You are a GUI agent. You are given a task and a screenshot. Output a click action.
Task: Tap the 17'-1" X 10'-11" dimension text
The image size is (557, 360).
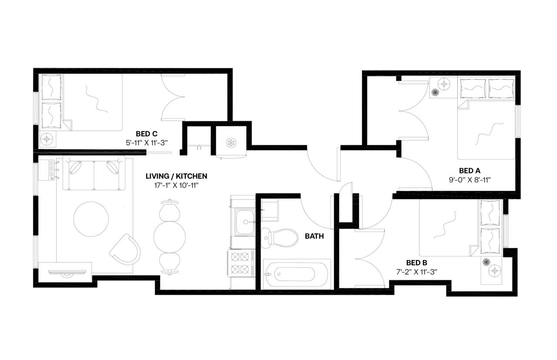[176, 185]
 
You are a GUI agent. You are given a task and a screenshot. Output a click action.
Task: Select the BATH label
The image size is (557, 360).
[314, 236]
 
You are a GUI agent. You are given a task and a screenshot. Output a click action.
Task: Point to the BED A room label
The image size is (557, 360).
[470, 170]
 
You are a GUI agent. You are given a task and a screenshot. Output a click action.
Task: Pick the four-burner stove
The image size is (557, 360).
[241, 263]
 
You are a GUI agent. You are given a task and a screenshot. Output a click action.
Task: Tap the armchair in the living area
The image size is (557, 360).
[126, 249]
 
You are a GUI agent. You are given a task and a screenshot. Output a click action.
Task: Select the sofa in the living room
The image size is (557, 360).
[94, 173]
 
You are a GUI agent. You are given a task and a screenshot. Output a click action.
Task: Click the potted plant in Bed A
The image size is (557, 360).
[435, 92]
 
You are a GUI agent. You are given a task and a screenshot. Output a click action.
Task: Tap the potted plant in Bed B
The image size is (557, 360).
[487, 262]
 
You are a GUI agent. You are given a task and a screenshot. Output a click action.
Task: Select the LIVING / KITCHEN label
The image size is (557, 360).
[176, 176]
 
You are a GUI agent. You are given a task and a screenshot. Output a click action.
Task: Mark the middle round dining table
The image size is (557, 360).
[169, 237]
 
